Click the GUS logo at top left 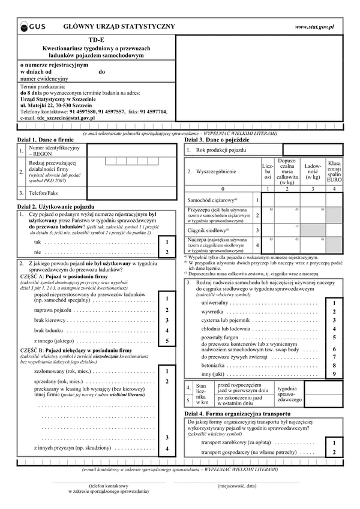34,27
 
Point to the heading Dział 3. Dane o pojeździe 220,139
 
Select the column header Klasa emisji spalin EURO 334,171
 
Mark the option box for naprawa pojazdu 167,310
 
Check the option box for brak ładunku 167,330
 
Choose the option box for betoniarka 334,365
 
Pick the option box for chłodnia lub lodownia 334,329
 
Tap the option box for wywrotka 334,312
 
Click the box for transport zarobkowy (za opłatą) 334,442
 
